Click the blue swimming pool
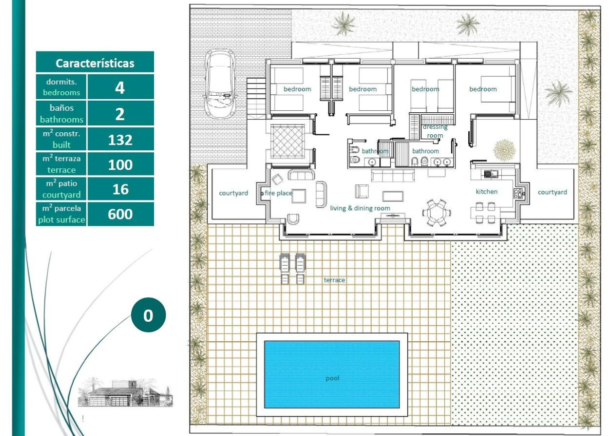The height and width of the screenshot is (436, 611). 332,374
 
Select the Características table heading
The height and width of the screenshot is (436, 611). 95,63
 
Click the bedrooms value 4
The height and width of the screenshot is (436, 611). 120,87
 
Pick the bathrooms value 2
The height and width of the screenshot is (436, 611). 120,114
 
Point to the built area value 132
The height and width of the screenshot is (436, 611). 120,139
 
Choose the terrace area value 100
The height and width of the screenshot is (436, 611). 120,164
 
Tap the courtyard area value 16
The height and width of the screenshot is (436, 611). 120,189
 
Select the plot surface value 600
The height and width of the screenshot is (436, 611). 120,214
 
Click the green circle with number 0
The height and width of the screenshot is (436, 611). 148,316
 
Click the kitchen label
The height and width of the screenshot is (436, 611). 486,191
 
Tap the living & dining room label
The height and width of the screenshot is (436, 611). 360,208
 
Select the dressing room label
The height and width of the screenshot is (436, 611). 435,131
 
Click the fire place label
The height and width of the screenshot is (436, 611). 278,193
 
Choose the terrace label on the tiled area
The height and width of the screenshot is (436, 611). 334,280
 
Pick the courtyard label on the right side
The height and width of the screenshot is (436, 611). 552,192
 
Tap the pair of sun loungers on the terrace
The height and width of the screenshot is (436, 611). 292,269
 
